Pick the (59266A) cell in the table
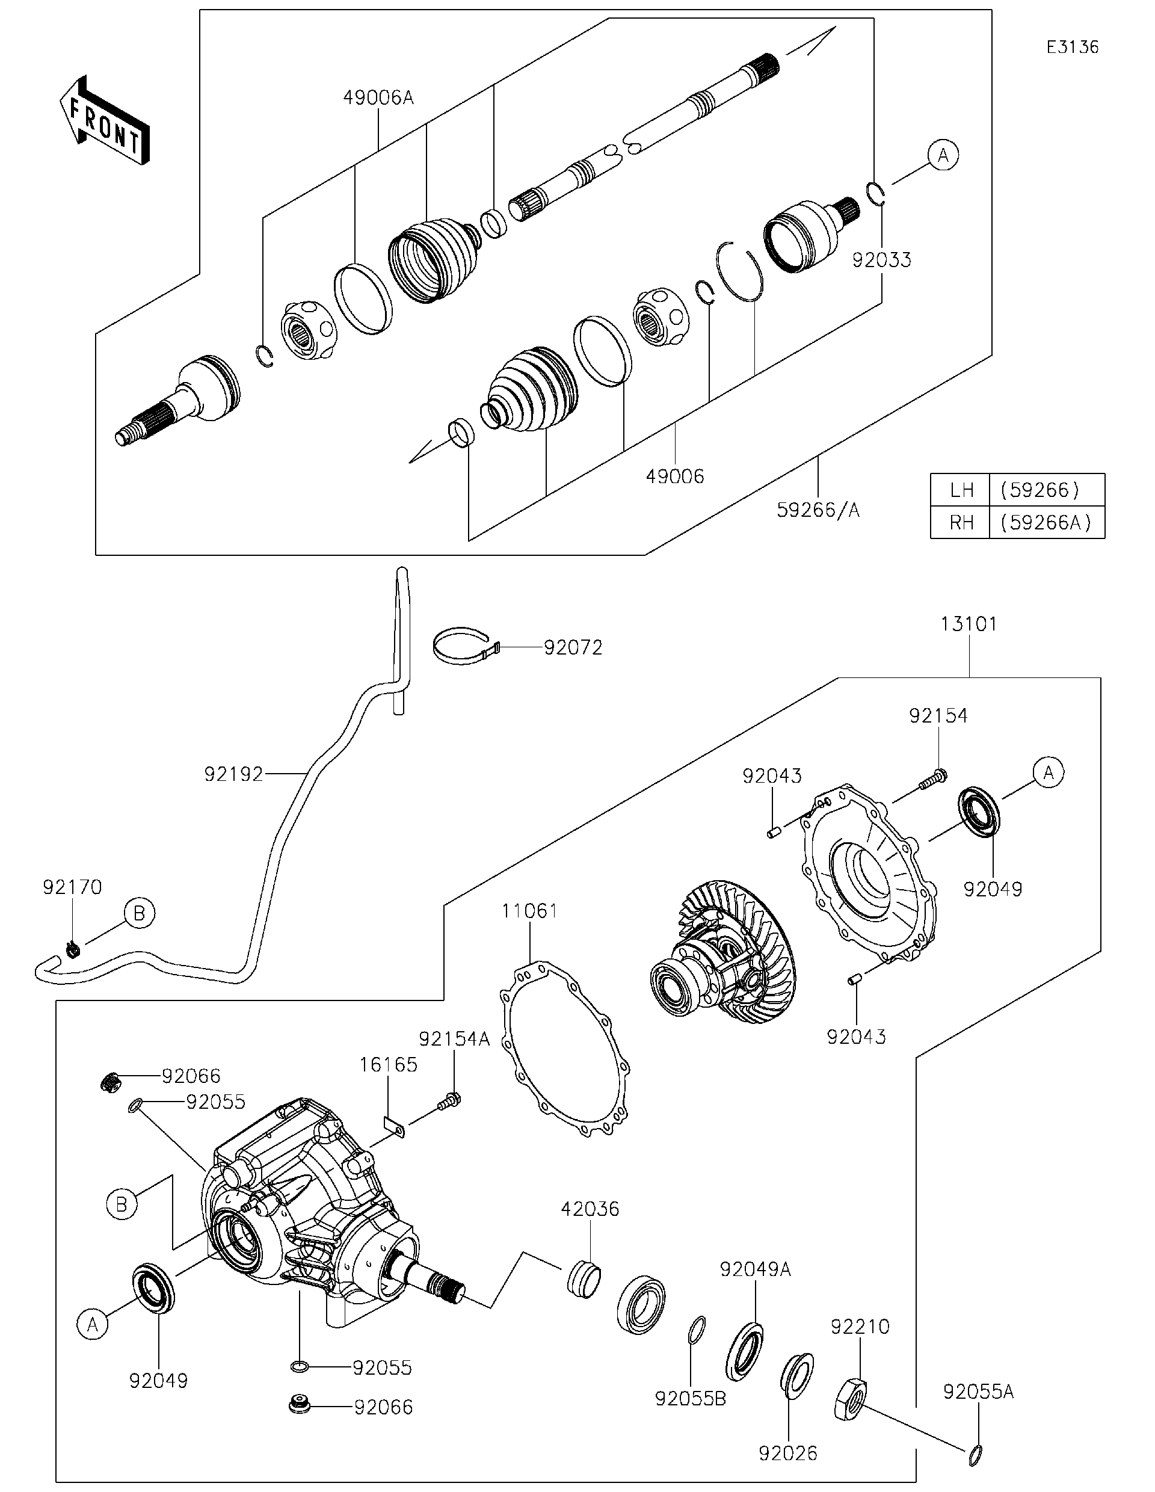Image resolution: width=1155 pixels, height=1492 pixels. tap(1046, 522)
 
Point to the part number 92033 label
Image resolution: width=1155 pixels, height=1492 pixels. tap(881, 260)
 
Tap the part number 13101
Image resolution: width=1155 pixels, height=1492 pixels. tap(969, 624)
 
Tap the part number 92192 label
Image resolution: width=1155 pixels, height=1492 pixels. tap(233, 774)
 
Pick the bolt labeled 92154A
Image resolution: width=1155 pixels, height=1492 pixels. tap(450, 1100)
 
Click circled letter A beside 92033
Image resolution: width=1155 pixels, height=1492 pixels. tap(943, 156)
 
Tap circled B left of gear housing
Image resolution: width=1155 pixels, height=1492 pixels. tap(122, 1204)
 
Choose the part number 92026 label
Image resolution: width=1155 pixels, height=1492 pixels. tap(787, 1453)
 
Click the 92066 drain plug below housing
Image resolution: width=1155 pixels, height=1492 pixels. tap(299, 1406)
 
